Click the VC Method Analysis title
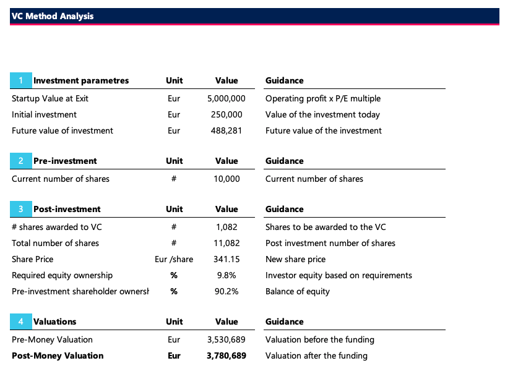tap(53, 16)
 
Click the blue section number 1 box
tap(20, 80)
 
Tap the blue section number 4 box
tap(20, 322)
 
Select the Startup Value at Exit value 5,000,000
tap(227, 98)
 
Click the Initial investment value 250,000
tap(227, 114)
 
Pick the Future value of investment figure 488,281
tap(227, 130)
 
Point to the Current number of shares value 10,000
tap(227, 179)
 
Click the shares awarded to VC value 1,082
tap(227, 227)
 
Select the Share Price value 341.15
tap(227, 259)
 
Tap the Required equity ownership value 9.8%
tap(227, 275)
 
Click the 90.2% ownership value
tap(227, 291)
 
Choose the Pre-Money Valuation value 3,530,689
tap(227, 339)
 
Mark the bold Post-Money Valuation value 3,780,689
tap(227, 356)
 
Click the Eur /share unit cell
tap(174, 259)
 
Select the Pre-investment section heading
tap(65, 161)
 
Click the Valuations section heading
tap(55, 322)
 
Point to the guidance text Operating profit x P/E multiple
tap(322, 98)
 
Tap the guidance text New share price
tap(295, 259)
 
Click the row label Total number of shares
tap(55, 243)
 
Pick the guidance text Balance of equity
tap(298, 291)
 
